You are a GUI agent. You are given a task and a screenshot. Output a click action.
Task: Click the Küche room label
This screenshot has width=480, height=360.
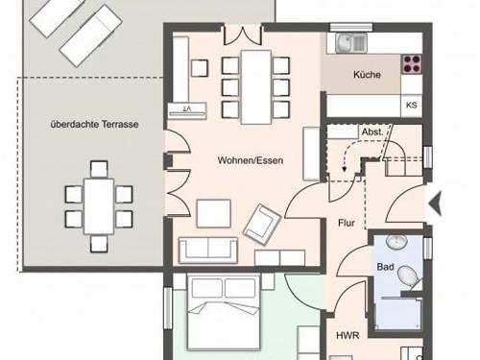tap(367, 75)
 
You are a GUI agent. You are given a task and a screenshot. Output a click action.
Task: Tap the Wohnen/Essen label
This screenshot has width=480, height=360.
tap(251, 160)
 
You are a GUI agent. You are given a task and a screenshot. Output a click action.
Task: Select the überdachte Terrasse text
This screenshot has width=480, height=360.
tap(94, 124)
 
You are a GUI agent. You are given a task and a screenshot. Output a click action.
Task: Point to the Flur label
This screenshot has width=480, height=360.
tap(347, 223)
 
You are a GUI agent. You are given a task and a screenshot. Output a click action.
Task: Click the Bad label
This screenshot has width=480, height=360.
tap(385, 267)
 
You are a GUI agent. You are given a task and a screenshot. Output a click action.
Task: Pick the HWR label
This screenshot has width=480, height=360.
tap(348, 335)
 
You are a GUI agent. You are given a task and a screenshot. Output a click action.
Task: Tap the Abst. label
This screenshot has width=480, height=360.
tap(372, 132)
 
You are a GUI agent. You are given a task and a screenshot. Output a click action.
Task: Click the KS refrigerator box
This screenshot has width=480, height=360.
tap(411, 106)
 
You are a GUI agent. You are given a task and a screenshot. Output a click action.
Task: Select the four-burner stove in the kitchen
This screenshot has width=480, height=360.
tap(412, 63)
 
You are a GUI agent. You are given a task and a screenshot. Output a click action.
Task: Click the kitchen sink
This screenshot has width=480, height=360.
tap(350, 43)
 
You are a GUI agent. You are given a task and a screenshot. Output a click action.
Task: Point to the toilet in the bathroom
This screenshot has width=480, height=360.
tap(408, 275)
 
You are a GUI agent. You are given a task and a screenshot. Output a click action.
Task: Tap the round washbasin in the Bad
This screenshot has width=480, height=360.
tap(396, 242)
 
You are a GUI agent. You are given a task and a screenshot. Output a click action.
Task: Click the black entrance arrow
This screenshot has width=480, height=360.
tap(436, 204)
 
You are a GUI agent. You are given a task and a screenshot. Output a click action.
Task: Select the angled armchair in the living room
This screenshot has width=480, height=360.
tap(262, 225)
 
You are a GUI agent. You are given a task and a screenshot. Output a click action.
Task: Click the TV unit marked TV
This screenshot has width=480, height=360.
tap(187, 110)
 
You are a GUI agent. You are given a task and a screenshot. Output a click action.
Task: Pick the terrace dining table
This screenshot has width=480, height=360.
tap(99, 206)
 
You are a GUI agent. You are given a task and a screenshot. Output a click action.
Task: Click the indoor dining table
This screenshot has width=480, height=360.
tap(256, 86)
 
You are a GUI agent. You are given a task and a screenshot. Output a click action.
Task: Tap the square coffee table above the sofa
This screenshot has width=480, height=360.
tap(214, 213)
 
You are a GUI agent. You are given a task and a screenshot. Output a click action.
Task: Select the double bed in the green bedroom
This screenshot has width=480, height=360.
tap(224, 312)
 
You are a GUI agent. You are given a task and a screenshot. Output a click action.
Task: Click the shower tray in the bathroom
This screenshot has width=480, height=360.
tap(398, 313)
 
